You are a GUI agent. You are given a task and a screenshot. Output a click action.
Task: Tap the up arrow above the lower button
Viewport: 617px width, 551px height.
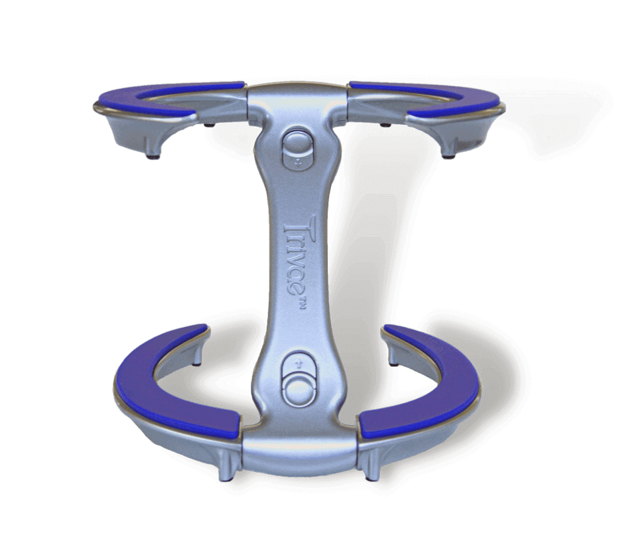pos(299,363)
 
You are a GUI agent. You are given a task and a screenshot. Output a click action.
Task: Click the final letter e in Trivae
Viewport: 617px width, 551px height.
pos(298,289)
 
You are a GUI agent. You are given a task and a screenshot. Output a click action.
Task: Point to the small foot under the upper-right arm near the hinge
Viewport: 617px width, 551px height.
pos(386,124)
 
